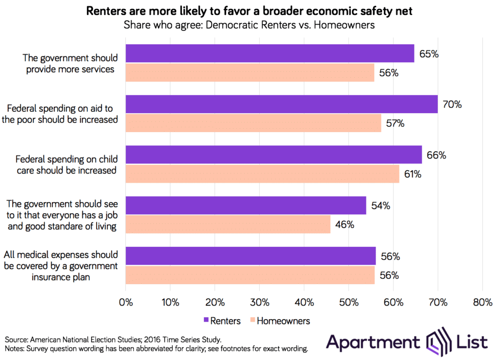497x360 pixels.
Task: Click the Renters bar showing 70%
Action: click(282, 104)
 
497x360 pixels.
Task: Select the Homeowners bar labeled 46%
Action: click(228, 224)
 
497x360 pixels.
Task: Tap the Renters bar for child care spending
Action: click(274, 155)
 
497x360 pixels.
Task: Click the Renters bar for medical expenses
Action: click(250, 256)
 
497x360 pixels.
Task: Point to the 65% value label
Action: click(429, 54)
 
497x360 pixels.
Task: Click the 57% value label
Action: click(395, 123)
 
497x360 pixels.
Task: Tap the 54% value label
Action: click(381, 206)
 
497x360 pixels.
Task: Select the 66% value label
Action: click(436, 155)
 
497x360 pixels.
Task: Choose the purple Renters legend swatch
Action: click(206, 321)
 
